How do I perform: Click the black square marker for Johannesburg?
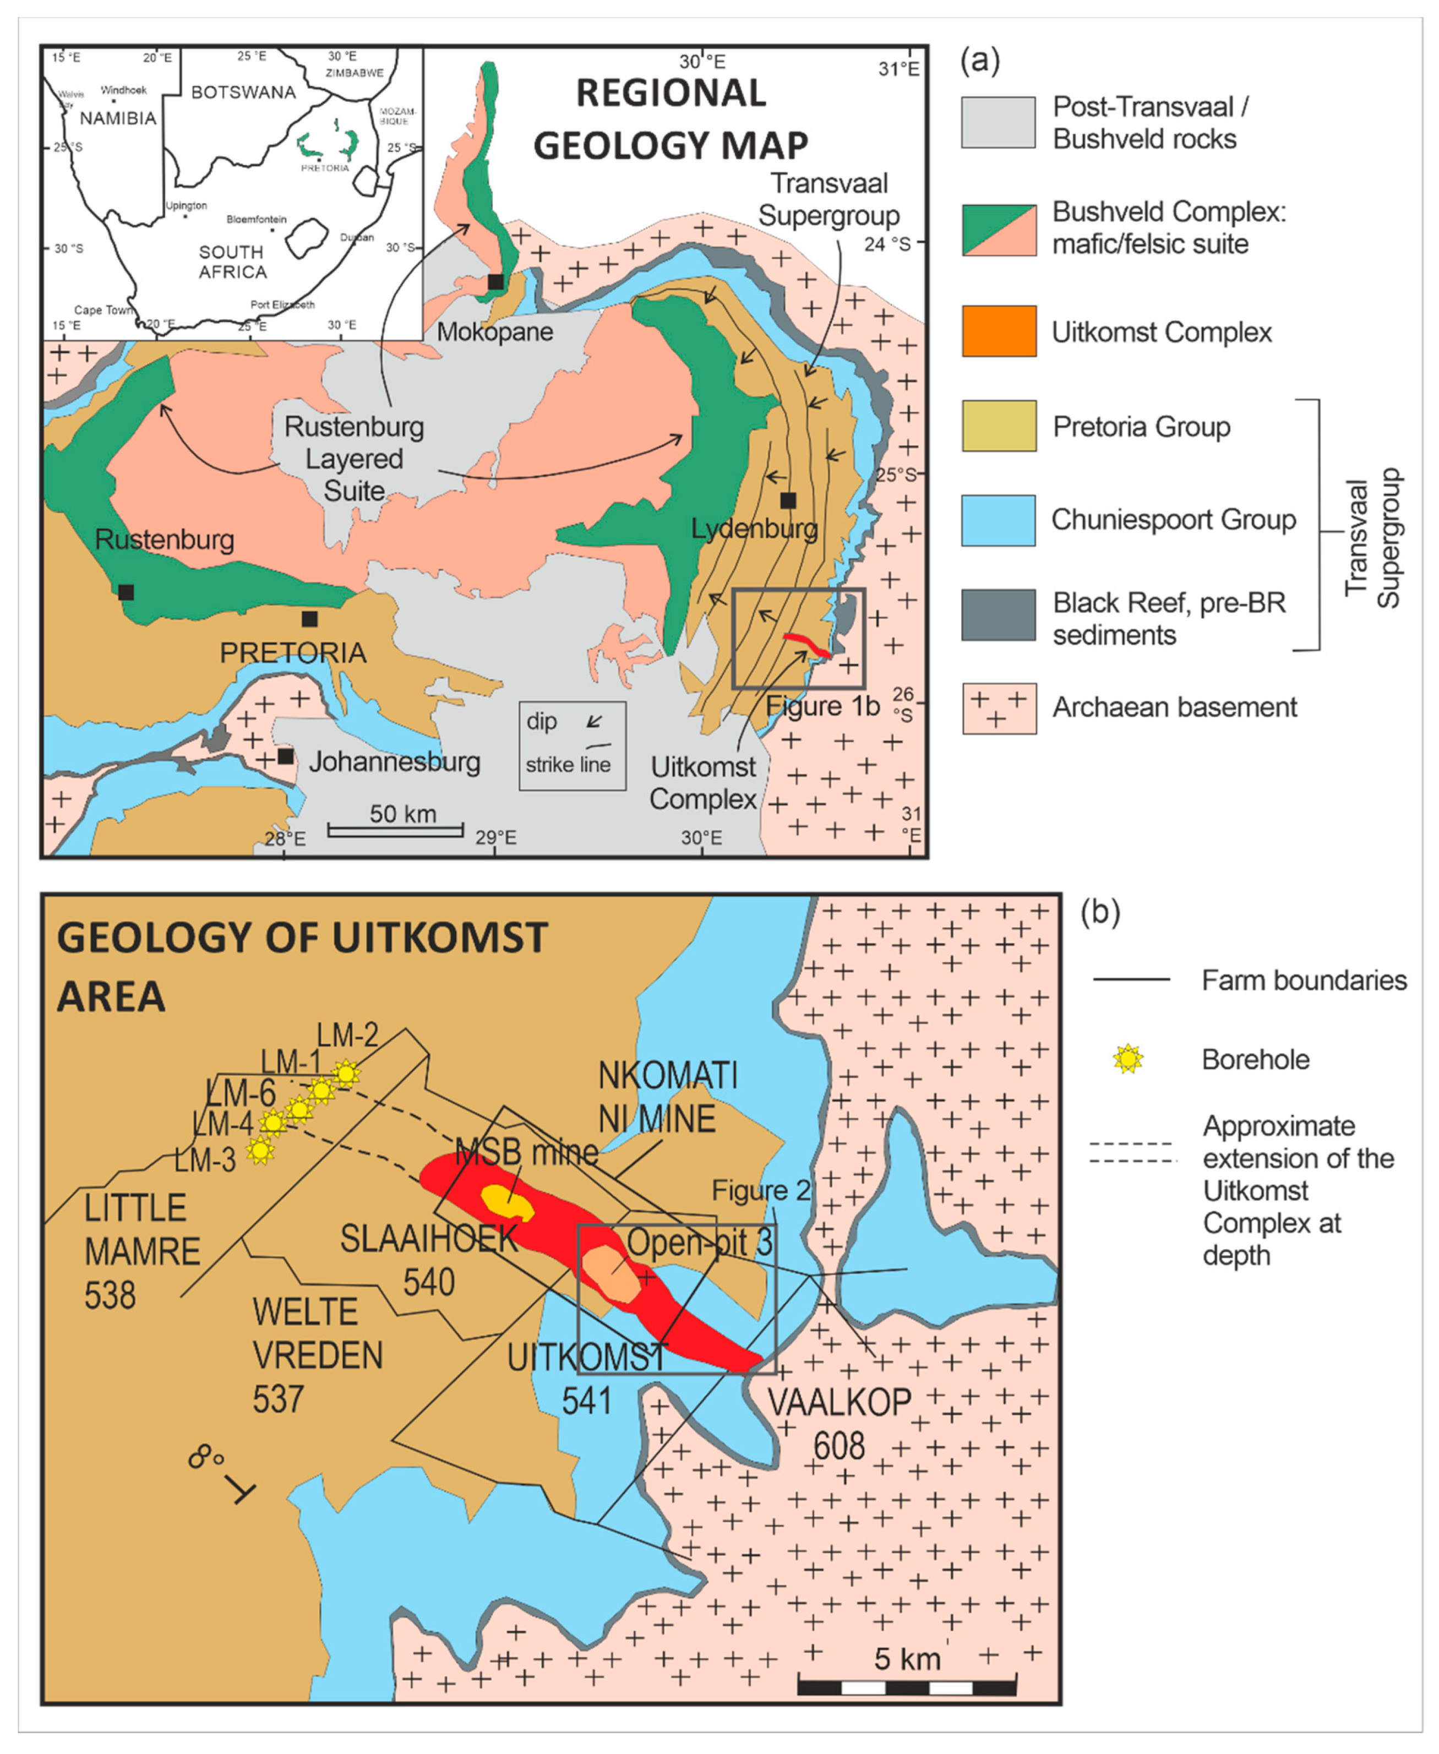[x=285, y=756]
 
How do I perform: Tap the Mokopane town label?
[x=495, y=333]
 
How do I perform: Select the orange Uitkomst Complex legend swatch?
[x=998, y=331]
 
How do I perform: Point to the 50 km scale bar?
[x=395, y=829]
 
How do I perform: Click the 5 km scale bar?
[x=907, y=1687]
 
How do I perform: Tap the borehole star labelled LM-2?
[x=346, y=1074]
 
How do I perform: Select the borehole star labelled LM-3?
[x=260, y=1149]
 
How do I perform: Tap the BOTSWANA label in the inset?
[x=243, y=92]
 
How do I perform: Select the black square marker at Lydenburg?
[x=788, y=500]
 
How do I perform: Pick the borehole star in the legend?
[x=1127, y=1059]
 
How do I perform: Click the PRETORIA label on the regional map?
[x=293, y=652]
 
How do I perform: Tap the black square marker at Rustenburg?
[x=126, y=592]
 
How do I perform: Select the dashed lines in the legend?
[x=1132, y=1152]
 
